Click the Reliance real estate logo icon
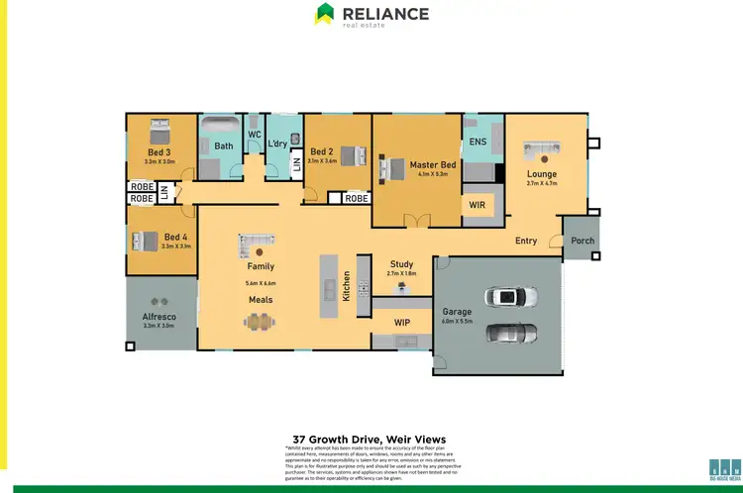324,14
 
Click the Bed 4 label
176,237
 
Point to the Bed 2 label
321,151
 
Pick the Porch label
582,240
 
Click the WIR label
477,205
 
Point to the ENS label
478,143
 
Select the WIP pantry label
402,322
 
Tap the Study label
401,264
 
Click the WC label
254,134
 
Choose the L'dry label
277,144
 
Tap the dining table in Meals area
261,321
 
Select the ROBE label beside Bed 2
357,198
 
